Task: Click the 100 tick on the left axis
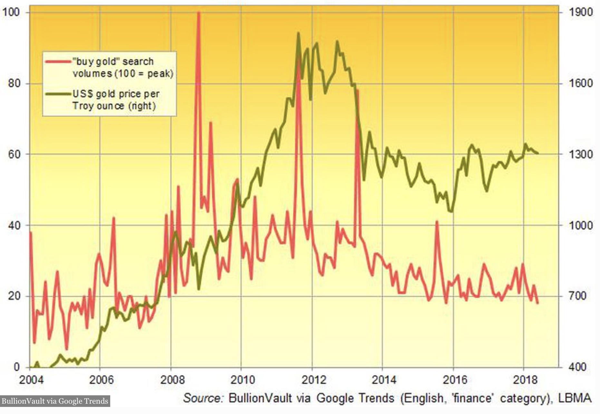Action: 12,12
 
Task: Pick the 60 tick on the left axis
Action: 14,154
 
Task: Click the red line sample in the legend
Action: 58,61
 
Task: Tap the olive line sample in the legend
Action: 58,94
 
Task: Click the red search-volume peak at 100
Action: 198,13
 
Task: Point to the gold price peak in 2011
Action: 298,33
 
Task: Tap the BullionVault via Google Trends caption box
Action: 55,401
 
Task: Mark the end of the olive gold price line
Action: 538,153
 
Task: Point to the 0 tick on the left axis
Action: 16,367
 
